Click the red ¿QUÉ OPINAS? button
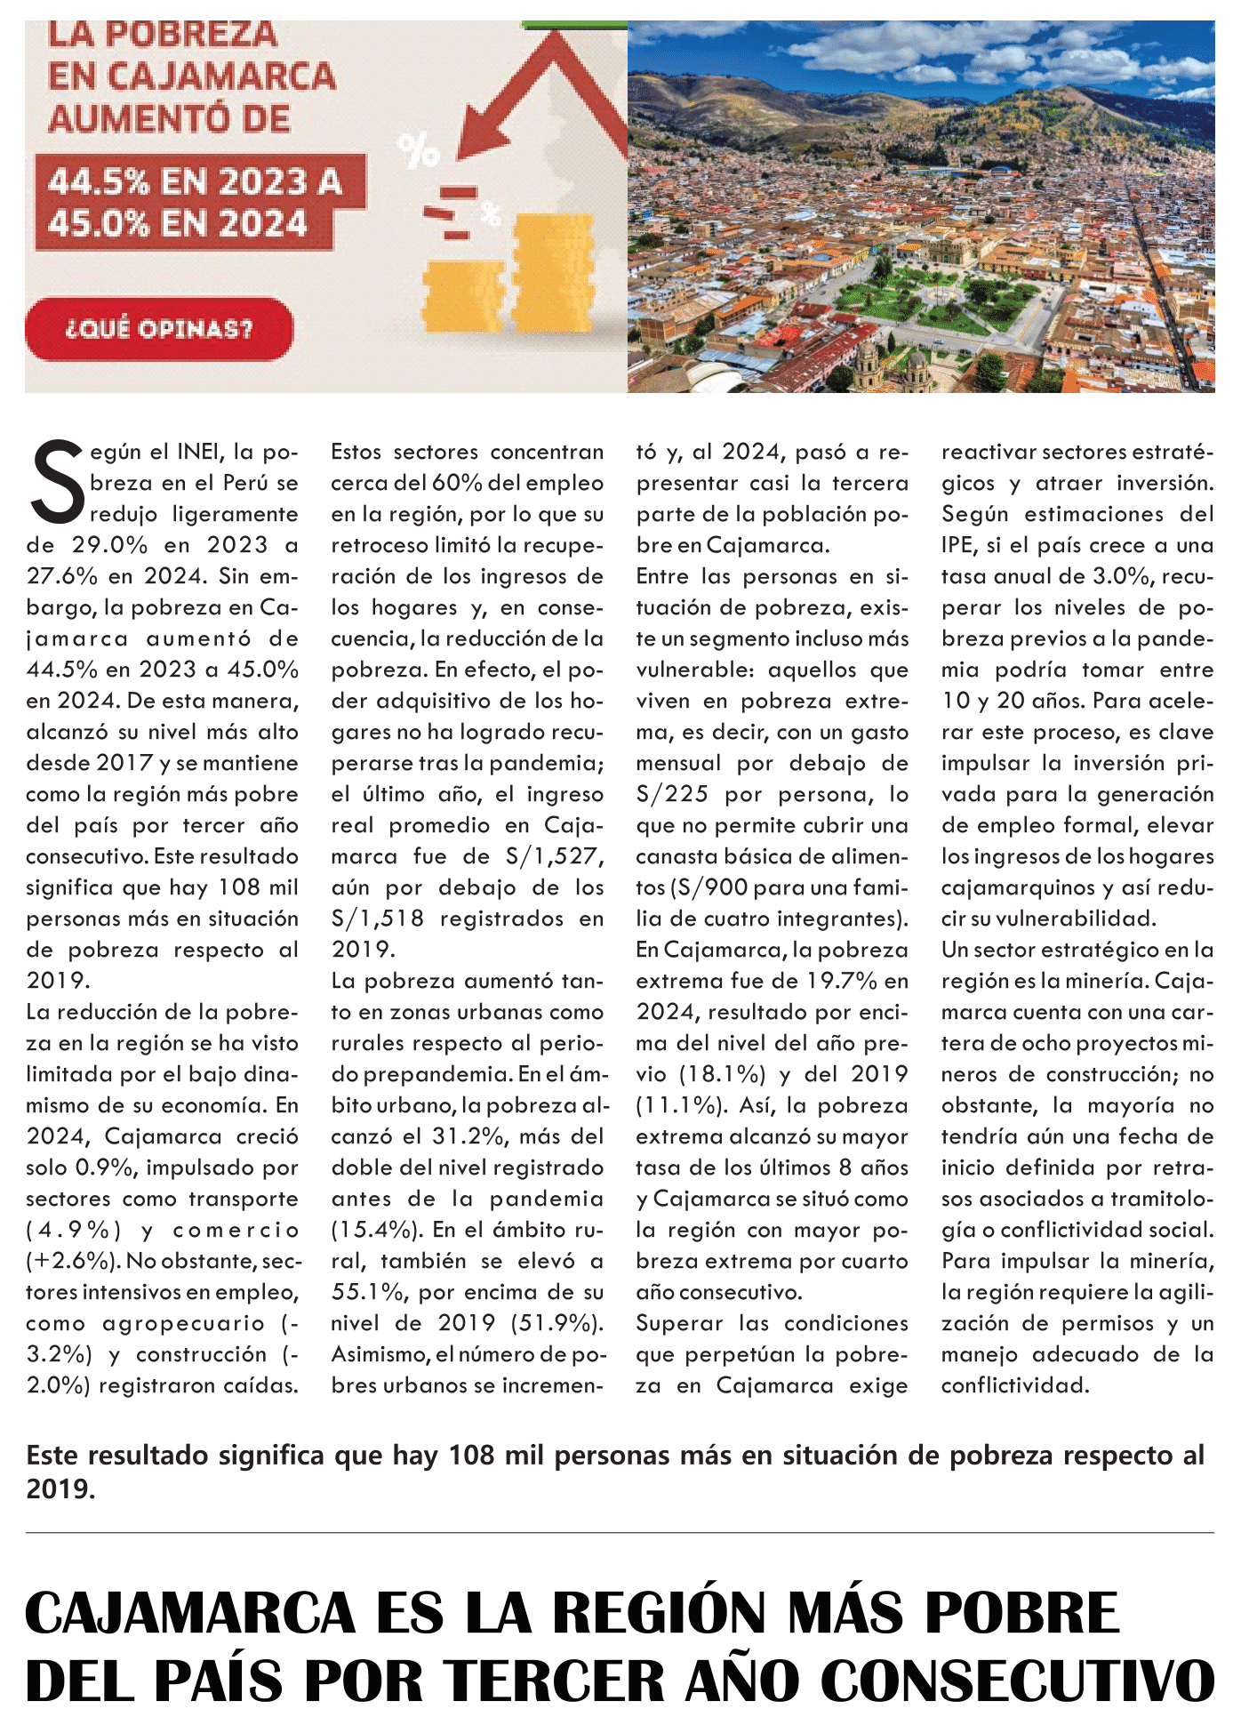(159, 329)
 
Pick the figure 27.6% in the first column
(61, 576)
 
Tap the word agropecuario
(183, 1323)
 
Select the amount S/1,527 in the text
(553, 856)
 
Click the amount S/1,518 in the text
(377, 919)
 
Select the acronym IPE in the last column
(958, 545)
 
